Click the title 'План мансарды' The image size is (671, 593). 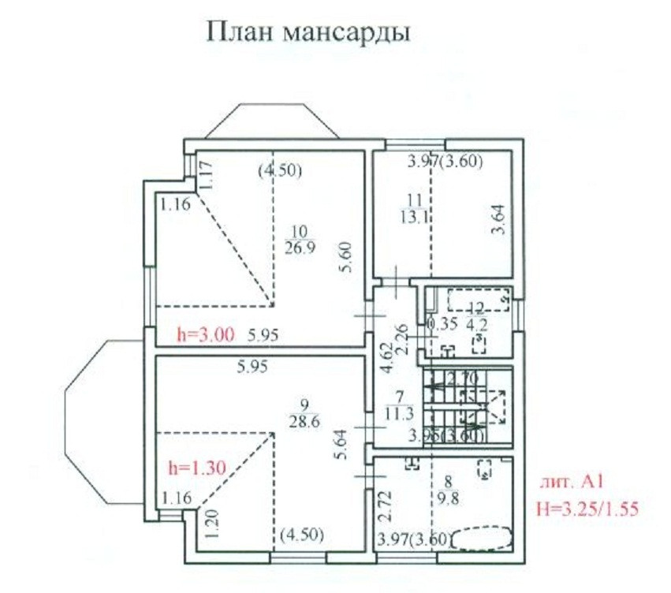[x=308, y=33]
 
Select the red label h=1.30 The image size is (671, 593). [x=198, y=467]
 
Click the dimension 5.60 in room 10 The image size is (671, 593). [x=345, y=257]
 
